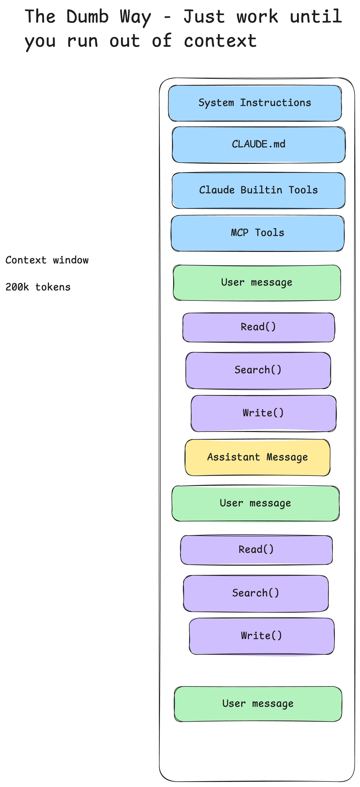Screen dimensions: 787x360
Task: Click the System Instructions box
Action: point(255,103)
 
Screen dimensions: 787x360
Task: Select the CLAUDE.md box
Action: point(259,144)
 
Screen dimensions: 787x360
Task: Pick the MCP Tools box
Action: point(258,233)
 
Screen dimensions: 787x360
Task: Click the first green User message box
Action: point(257,283)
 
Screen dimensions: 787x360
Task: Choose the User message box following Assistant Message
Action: point(256,503)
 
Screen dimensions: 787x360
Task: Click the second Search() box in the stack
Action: point(256,593)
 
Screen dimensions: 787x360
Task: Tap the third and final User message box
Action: point(258,704)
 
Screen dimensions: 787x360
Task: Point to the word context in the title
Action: point(220,41)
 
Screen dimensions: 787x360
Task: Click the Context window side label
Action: point(47,260)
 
